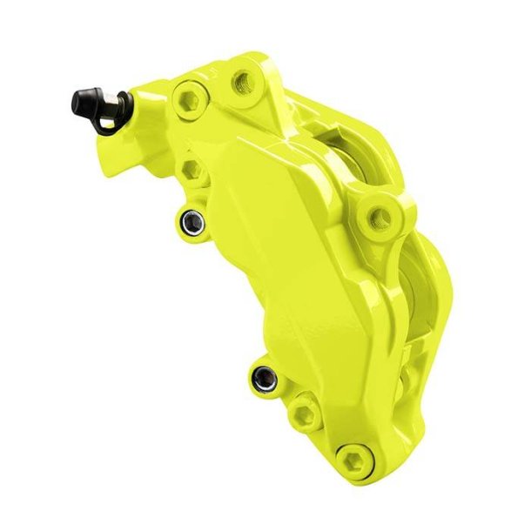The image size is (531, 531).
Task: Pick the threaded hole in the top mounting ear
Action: coord(241,83)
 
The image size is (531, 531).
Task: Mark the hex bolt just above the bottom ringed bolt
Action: coord(305,406)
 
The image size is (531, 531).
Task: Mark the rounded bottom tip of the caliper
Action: coord(366,487)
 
